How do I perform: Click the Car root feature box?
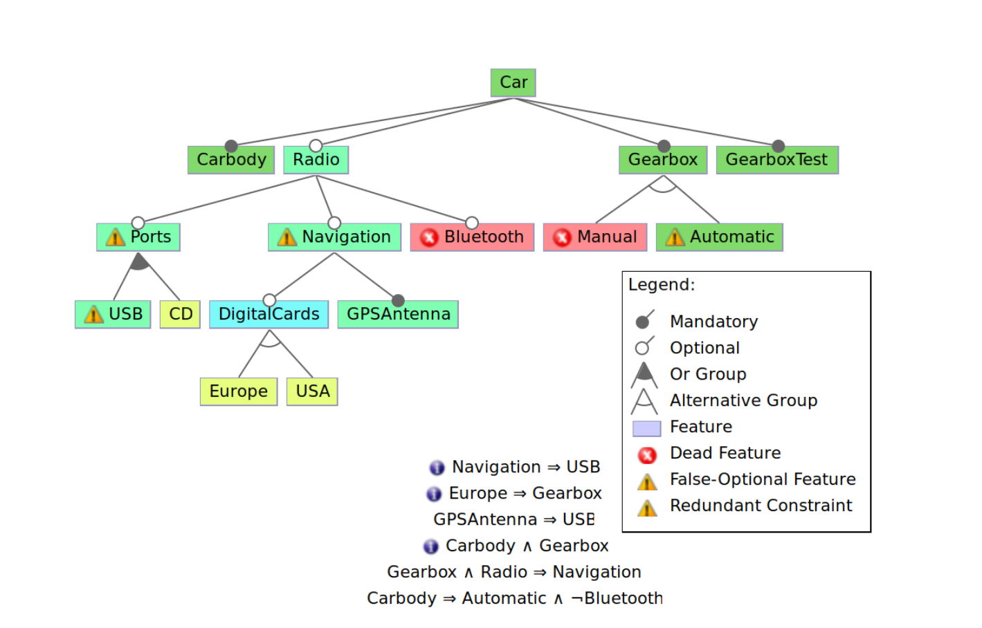513,82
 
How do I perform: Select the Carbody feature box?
231,160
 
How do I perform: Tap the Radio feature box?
316,160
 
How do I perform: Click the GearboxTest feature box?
776,160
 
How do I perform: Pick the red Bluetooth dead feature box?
472,237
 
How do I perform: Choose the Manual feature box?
595,237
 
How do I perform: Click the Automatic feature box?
719,237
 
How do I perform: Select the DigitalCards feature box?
269,315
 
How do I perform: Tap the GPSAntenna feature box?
398,315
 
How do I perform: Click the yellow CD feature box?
180,315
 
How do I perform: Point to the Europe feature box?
238,391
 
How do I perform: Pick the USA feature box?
312,391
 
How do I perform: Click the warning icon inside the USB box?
93,315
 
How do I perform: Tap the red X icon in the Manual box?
562,238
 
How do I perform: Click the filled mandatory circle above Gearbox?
664,146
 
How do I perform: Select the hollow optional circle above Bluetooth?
472,223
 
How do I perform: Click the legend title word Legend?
661,285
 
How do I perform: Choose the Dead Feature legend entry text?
725,453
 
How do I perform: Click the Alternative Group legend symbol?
644,401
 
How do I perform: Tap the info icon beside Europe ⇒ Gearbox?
434,494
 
